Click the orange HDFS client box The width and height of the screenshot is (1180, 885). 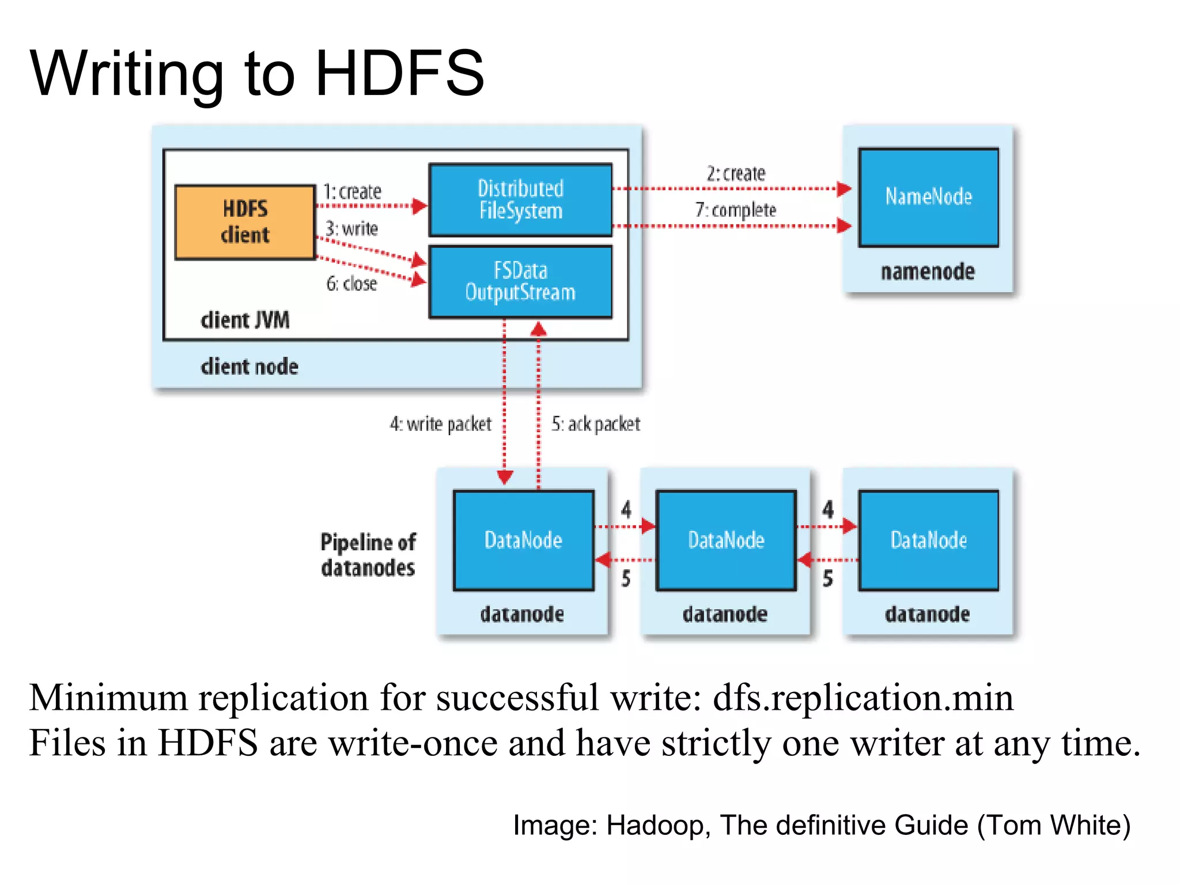(245, 222)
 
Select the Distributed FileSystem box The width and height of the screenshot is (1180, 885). (520, 199)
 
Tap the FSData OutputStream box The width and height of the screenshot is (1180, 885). (520, 282)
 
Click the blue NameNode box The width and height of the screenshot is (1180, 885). (928, 197)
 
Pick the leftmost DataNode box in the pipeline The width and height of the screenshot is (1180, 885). (523, 540)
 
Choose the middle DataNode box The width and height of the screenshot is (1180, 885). (726, 540)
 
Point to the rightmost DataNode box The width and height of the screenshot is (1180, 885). (928, 540)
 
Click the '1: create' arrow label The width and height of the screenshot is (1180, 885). (352, 191)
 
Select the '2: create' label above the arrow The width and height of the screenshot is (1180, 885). (736, 173)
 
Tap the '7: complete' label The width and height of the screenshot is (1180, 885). (736, 210)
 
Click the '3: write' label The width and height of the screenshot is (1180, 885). (351, 229)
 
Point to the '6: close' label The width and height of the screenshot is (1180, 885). (351, 283)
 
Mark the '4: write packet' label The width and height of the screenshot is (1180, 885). (441, 424)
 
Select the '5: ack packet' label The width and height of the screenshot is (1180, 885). (596, 424)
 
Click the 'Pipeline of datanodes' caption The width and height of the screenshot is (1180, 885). (368, 555)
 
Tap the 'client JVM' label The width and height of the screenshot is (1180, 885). (245, 320)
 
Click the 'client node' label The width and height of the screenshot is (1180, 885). (249, 366)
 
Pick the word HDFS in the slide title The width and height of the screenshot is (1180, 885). (400, 73)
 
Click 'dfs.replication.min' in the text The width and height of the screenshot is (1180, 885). (863, 698)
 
